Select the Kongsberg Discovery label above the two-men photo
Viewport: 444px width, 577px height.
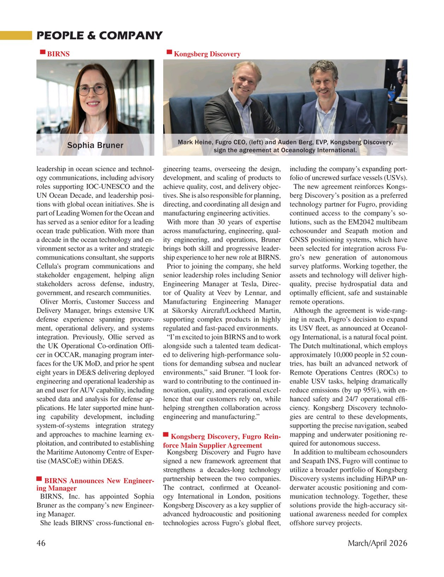(206, 54)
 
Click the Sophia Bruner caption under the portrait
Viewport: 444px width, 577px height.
(95, 146)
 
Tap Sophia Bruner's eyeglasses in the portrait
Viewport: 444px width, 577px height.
(93, 88)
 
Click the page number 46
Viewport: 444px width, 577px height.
(42, 543)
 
